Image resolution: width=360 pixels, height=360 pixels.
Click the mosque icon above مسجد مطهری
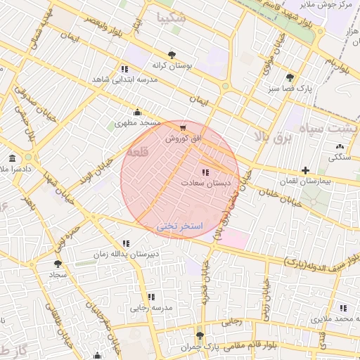tap(137, 112)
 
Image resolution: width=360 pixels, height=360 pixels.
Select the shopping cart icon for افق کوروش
tap(183, 128)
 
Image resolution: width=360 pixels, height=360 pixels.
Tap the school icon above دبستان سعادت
tap(205, 172)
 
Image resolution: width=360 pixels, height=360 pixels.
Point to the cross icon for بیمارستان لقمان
tap(305, 170)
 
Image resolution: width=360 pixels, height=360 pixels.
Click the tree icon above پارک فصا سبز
tap(290, 77)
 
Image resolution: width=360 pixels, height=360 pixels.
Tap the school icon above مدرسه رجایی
tap(151, 297)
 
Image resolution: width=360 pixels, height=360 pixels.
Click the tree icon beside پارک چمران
tap(200, 335)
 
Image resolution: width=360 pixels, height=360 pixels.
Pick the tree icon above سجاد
tap(57, 264)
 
